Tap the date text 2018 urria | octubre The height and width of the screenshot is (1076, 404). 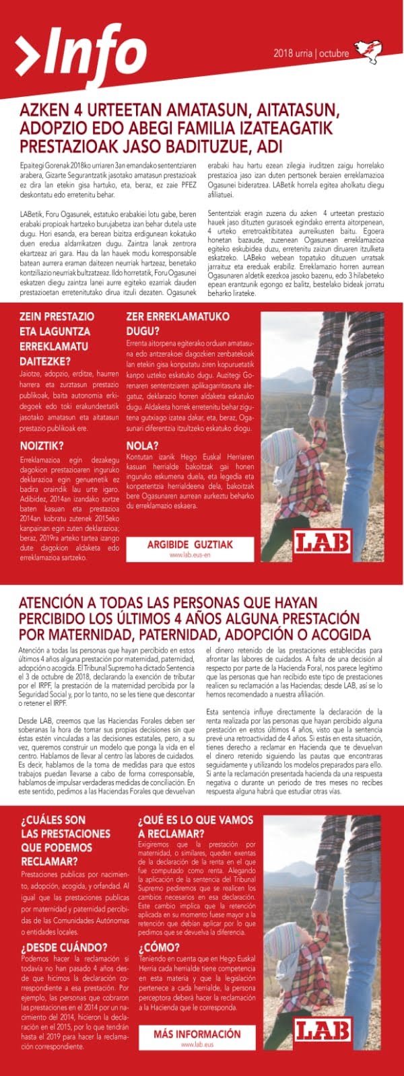pos(311,54)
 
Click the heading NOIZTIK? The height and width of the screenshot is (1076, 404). pos(42,445)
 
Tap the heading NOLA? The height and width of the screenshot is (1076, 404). pos(142,445)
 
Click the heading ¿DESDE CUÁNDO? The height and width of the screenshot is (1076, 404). pos(64,947)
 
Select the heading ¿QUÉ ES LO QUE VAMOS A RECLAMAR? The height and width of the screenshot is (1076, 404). pos(195,826)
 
